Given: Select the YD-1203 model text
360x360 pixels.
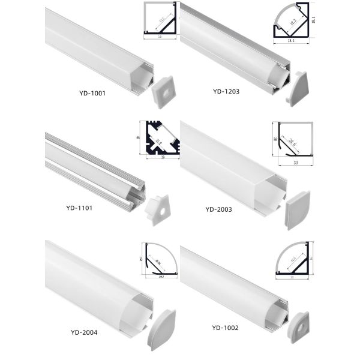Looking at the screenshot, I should click(227, 92).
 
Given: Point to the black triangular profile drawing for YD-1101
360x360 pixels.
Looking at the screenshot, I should click(161, 139).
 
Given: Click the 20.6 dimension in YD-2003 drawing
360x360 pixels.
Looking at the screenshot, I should click(292, 142).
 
